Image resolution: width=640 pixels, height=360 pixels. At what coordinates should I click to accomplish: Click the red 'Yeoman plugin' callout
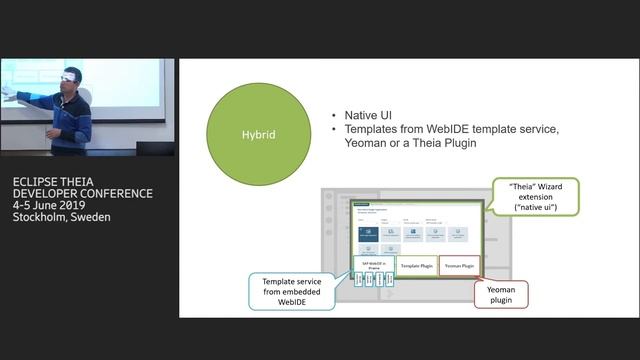click(500, 293)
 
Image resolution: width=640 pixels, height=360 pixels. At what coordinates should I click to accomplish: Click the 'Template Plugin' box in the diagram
click(417, 265)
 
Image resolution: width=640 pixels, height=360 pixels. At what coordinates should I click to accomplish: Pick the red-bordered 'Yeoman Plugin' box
click(460, 265)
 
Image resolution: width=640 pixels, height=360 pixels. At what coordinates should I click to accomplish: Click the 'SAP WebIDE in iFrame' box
click(373, 264)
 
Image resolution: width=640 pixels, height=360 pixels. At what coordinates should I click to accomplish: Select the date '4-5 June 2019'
click(54, 205)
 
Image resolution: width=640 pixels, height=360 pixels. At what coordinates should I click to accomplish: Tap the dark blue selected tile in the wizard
click(368, 232)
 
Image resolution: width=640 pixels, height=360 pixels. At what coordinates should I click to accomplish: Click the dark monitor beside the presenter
click(154, 149)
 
